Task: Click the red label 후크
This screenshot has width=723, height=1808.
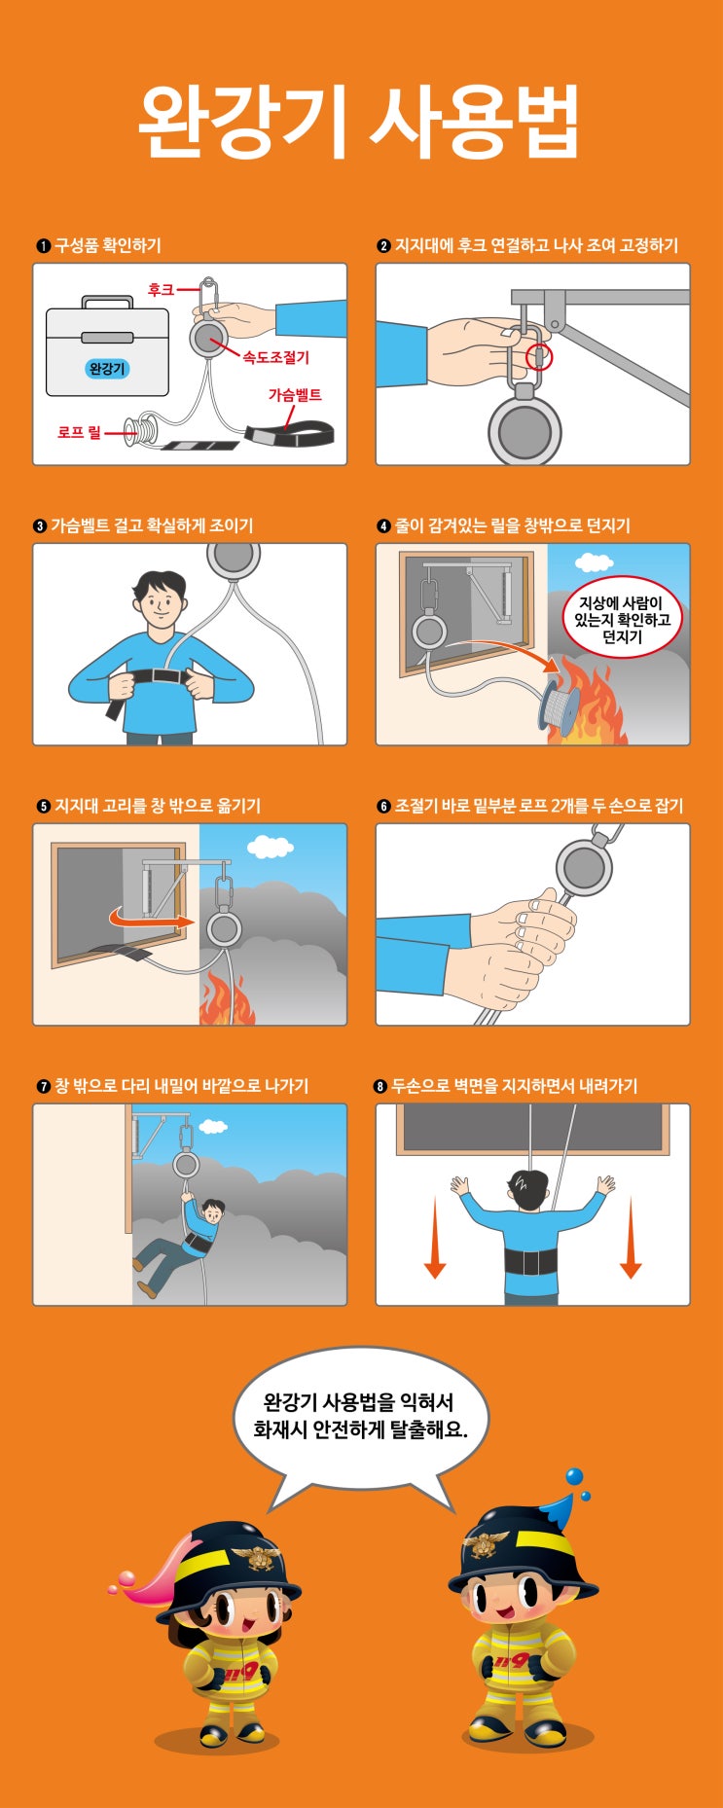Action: click(x=161, y=289)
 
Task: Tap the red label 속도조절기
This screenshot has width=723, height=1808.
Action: click(x=276, y=358)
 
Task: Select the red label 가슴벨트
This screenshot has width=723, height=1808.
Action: click(x=295, y=395)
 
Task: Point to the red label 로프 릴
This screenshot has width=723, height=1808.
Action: click(x=79, y=431)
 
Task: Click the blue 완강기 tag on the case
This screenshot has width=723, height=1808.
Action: click(x=107, y=369)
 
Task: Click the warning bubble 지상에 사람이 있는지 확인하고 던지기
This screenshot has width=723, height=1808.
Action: click(x=623, y=619)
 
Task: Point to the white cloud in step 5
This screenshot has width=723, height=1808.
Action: click(x=270, y=847)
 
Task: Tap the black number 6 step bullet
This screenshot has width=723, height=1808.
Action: click(x=383, y=807)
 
